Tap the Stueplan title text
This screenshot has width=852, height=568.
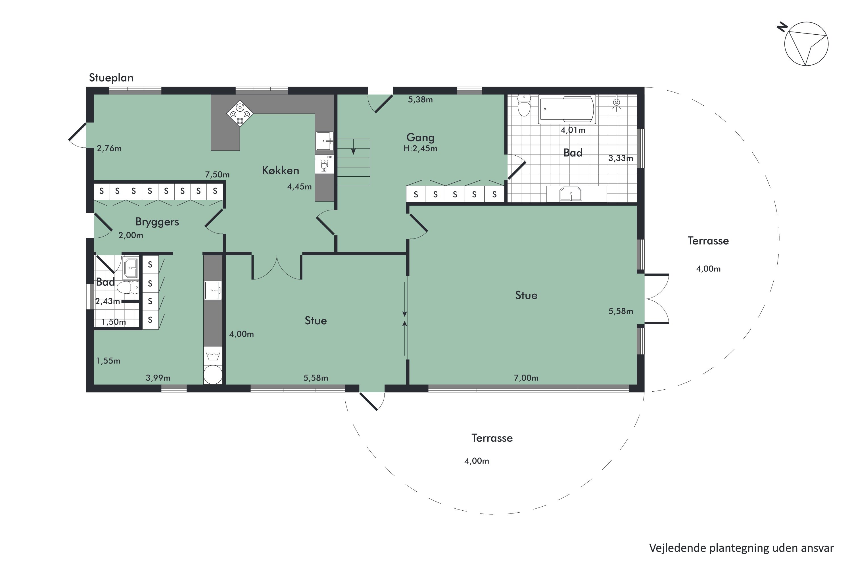pos(111,78)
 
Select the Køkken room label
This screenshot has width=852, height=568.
pos(280,170)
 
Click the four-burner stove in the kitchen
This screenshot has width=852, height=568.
pos(240,113)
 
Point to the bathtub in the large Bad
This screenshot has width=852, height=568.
pos(567,109)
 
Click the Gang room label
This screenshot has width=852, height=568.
pos(420,137)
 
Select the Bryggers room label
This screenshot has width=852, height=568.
pos(157,222)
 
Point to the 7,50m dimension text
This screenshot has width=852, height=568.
pos(217,175)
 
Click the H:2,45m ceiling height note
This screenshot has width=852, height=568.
pos(420,149)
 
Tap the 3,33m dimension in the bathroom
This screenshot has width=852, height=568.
pos(621,158)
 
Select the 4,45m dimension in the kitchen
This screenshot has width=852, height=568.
pos(299,187)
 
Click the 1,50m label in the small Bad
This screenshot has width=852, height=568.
pos(114,322)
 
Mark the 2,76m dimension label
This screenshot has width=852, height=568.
pos(109,149)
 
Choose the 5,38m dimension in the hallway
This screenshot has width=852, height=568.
pos(420,100)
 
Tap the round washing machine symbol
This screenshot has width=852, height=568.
pos(213,375)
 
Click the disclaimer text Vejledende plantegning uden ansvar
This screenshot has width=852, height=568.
pos(742,548)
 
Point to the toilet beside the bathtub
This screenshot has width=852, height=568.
pos(524,105)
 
